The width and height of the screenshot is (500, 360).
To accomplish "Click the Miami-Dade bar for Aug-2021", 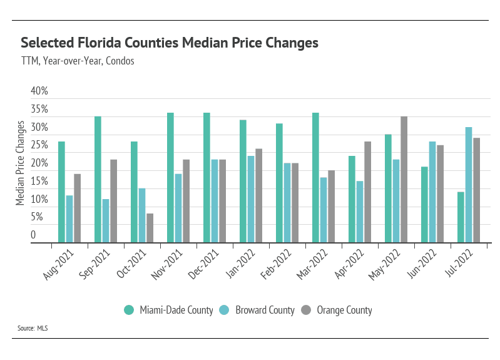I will click(x=61, y=192).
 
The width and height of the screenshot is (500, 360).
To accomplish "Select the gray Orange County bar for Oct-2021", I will click(x=150, y=228).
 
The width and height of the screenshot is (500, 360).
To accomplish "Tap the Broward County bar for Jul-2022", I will click(x=469, y=185).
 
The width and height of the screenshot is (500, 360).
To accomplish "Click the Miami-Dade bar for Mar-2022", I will click(x=315, y=177).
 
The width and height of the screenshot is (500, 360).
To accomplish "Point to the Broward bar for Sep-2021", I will click(x=106, y=220).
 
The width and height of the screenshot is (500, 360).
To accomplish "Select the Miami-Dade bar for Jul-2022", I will click(x=461, y=217).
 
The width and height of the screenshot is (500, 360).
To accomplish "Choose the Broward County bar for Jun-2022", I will click(x=432, y=192).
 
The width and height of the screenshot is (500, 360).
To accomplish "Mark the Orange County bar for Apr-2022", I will click(x=368, y=192).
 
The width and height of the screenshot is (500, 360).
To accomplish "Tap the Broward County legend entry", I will click(x=260, y=310).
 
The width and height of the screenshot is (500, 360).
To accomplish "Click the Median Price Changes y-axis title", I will click(x=20, y=163).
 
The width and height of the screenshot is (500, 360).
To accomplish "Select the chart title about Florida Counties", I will click(x=170, y=43).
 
